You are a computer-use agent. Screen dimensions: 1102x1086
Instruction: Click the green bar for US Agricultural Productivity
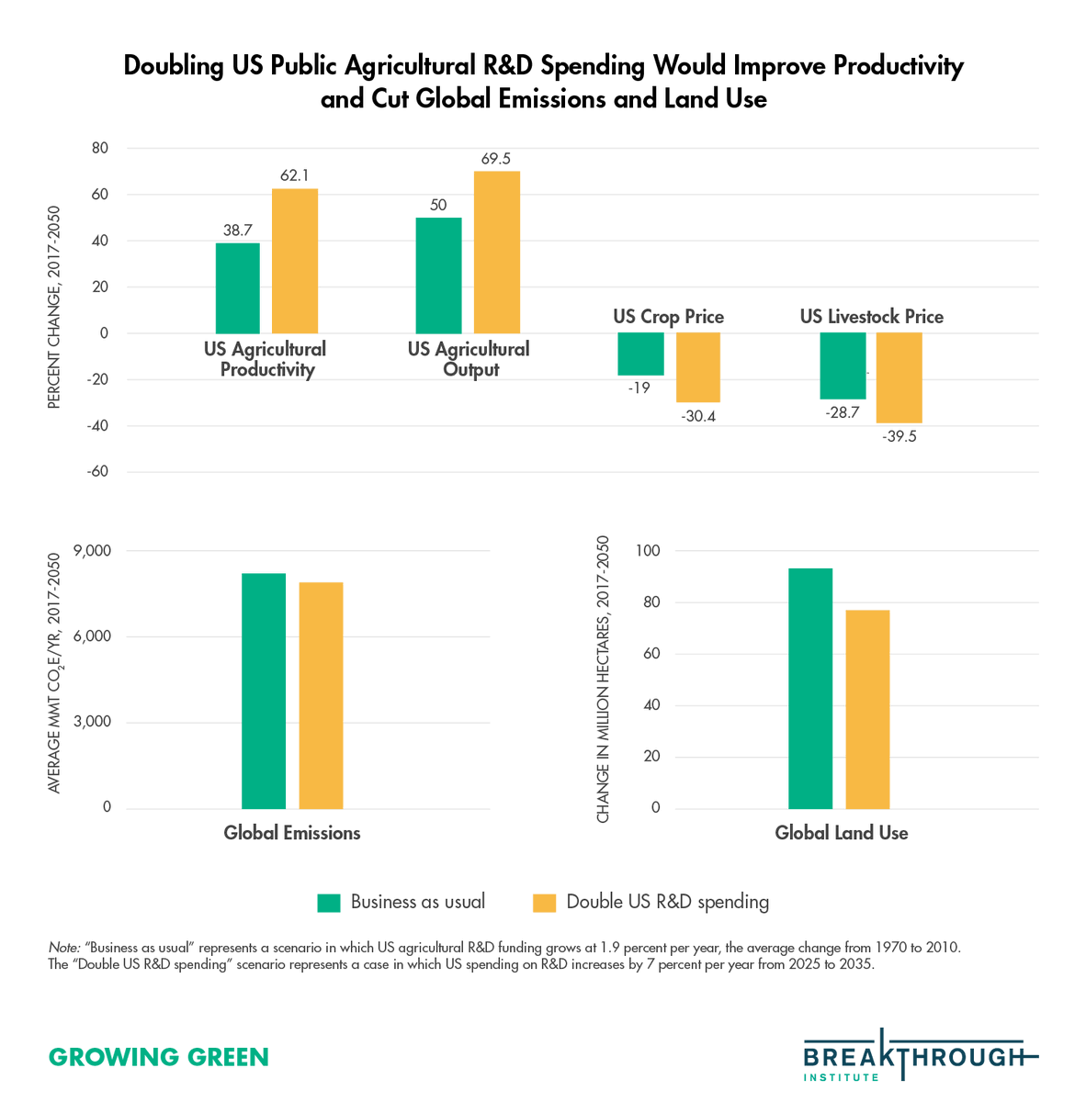tap(238, 288)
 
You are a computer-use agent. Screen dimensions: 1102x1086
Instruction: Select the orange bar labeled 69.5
tap(497, 253)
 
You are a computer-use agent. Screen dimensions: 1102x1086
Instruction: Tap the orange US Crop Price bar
tap(698, 367)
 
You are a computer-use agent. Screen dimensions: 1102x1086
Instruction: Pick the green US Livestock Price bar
tap(843, 365)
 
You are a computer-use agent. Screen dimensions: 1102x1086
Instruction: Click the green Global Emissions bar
tap(264, 691)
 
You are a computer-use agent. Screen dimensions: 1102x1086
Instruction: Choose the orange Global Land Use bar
tap(867, 709)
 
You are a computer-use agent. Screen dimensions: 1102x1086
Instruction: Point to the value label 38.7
tap(237, 231)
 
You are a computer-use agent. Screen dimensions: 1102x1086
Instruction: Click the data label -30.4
tap(698, 417)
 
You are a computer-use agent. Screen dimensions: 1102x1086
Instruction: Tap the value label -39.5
tap(899, 437)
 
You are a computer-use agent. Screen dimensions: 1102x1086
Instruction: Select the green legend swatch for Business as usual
tap(329, 903)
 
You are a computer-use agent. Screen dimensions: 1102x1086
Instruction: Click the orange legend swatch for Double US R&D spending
tap(545, 903)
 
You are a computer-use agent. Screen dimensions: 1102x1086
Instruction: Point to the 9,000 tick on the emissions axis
tap(93, 551)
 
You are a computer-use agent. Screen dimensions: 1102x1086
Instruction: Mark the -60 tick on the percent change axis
tap(96, 472)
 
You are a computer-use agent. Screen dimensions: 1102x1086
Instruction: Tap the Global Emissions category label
tap(292, 833)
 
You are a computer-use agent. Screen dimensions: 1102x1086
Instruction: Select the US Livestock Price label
tap(871, 317)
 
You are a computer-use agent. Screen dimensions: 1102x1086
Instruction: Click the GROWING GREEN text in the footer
tap(158, 1057)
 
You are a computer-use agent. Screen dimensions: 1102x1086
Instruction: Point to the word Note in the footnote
tap(62, 947)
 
